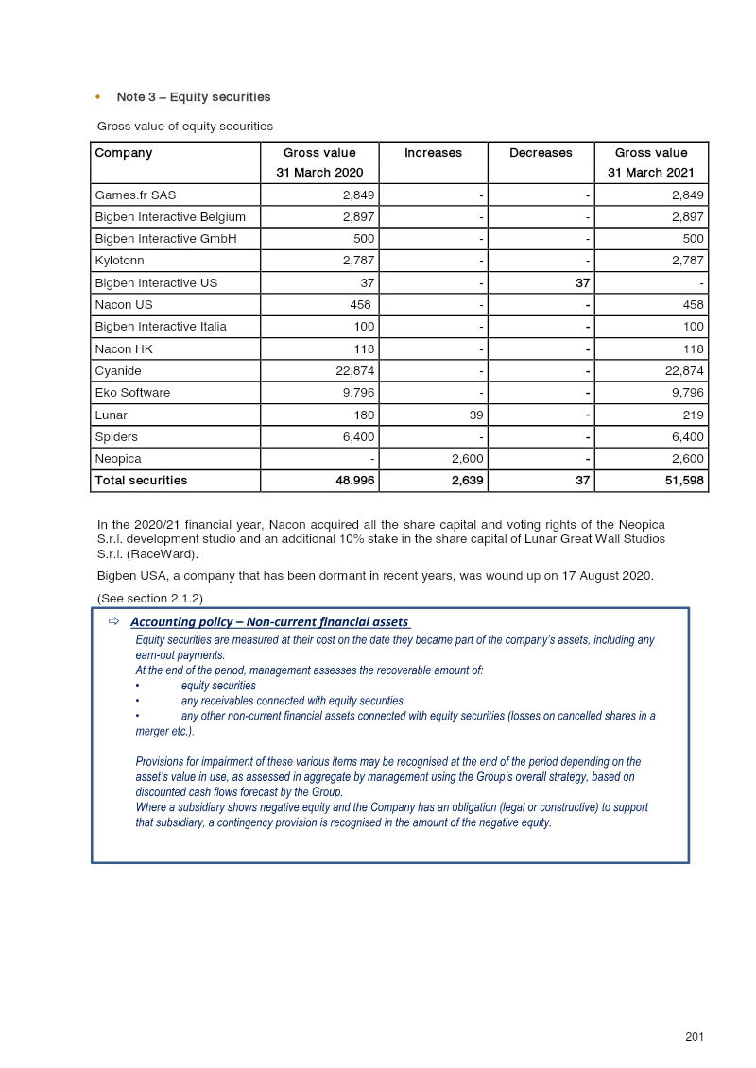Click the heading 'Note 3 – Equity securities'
coord(193,97)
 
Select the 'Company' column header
coord(124,153)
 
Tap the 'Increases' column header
coord(433,153)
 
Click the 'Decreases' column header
coord(541,153)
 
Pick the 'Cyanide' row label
coord(118,371)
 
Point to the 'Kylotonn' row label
coord(120,261)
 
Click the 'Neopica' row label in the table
coord(118,459)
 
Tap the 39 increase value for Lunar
coord(476,415)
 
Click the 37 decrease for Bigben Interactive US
coord(583,283)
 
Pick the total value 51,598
coord(683,481)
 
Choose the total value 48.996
coord(350,481)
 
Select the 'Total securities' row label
coord(141,481)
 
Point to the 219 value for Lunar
coord(693,415)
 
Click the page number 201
coord(695,1037)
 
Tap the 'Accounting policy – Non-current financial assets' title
coord(269,622)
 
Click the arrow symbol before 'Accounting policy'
coord(113,621)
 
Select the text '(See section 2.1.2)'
coord(150,599)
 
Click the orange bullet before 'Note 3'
coord(98,97)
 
